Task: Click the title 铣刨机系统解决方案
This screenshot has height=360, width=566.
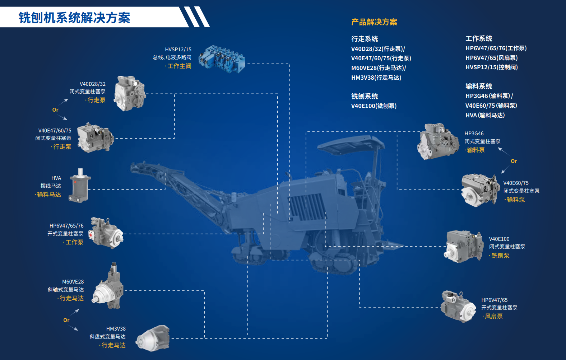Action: [x=74, y=18]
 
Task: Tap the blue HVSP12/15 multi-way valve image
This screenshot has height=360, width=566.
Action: [x=222, y=59]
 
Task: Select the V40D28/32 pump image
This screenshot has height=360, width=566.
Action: [x=130, y=93]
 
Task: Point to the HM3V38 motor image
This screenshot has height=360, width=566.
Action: [x=153, y=338]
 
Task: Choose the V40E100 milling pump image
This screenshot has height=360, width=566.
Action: [x=464, y=246]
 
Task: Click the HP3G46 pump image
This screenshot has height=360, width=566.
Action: [x=438, y=141]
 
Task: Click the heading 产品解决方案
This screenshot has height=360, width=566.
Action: [x=374, y=22]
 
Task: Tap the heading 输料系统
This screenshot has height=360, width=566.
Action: [x=479, y=86]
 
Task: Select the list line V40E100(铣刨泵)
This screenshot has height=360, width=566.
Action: [x=374, y=106]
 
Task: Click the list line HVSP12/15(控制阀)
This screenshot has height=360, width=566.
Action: [x=492, y=67]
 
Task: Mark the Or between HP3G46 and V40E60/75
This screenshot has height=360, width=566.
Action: [x=514, y=161]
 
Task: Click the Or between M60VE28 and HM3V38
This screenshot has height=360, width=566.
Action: [x=66, y=320]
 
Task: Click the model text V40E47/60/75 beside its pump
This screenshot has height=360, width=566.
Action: [x=55, y=131]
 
